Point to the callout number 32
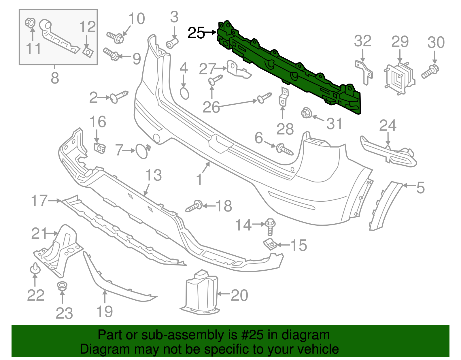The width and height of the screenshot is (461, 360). coord(362,41)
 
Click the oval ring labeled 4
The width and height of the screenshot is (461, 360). coord(184,93)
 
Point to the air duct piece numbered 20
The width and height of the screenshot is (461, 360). coord(201,293)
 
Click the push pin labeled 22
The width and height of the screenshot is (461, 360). coord(35,269)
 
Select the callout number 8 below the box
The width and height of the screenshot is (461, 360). coord(55,78)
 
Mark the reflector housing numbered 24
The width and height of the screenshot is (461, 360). coord(389,153)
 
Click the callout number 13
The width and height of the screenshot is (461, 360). coord(153,175)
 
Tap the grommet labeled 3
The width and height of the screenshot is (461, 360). coord(172,43)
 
